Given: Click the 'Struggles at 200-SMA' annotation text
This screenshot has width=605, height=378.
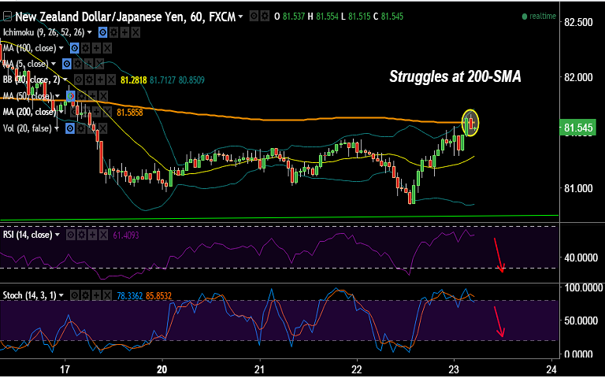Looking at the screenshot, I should [455, 76].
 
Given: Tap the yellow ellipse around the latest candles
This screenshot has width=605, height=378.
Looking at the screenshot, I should [470, 121].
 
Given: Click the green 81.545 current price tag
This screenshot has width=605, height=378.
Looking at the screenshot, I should [580, 128].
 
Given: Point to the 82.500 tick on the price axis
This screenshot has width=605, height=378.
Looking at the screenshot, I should [578, 22].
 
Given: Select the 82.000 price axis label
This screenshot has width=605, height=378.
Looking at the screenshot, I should [578, 77].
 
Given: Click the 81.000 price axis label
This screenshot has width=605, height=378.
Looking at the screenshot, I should [578, 188].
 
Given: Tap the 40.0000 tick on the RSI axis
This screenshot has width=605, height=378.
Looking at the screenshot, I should [578, 258].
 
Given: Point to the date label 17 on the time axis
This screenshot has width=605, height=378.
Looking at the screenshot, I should [65, 369].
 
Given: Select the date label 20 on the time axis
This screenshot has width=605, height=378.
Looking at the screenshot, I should [162, 369].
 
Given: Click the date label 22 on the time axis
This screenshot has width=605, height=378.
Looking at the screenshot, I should [357, 369].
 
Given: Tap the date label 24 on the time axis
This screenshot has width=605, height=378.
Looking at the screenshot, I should [551, 369].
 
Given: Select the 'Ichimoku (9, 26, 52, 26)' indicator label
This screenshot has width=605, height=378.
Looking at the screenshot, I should [44, 32].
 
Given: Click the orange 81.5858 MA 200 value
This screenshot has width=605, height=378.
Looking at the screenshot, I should [129, 113].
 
